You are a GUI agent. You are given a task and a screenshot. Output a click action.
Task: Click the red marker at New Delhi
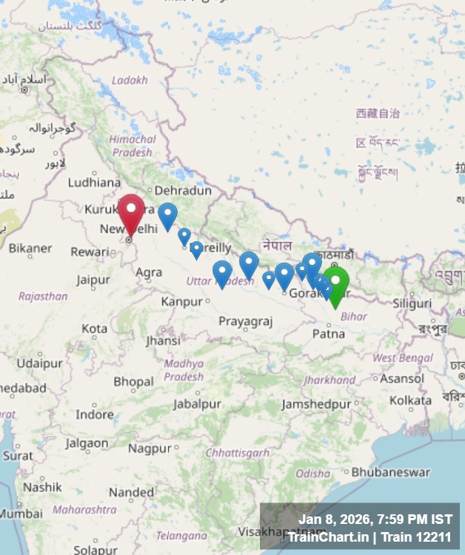(131, 212)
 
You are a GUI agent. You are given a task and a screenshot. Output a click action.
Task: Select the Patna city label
(328, 334)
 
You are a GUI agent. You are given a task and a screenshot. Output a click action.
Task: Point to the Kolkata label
(410, 400)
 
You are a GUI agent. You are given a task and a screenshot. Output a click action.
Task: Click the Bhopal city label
(134, 382)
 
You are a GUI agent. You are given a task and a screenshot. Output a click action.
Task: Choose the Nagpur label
(150, 448)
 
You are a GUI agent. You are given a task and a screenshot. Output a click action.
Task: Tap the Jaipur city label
(93, 280)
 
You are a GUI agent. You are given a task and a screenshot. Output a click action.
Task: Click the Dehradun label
(183, 190)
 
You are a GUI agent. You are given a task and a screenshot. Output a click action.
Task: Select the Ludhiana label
(94, 182)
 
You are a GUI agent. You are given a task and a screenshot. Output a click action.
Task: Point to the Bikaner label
(30, 248)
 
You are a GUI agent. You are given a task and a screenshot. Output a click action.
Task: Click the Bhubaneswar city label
(390, 471)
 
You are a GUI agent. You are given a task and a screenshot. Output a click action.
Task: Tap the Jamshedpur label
(316, 404)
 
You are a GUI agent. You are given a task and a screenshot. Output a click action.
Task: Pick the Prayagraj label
(246, 321)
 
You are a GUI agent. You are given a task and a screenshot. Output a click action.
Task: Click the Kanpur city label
(181, 301)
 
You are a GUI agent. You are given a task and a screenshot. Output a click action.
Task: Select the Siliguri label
(412, 303)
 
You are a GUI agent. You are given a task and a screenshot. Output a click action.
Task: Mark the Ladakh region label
(130, 80)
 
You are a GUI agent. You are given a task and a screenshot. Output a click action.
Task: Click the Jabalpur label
(197, 404)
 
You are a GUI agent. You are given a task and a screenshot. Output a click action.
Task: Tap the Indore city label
(94, 414)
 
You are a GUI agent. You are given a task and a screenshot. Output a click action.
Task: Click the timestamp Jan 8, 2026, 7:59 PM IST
(375, 519)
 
